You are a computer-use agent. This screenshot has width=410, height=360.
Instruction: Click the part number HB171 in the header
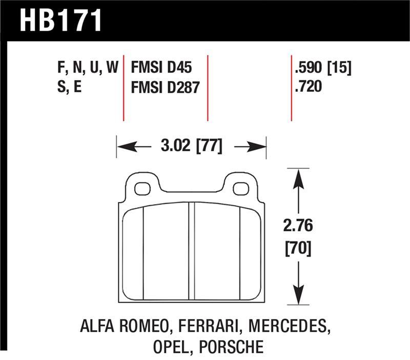click(x=61, y=21)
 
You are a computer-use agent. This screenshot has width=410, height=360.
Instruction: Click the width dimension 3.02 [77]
click(x=191, y=147)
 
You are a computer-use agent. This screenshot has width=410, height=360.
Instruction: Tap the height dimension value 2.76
click(x=298, y=226)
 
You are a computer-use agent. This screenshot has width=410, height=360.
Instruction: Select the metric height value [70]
click(x=298, y=249)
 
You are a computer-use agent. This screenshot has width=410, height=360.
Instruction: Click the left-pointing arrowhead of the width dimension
click(x=123, y=147)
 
